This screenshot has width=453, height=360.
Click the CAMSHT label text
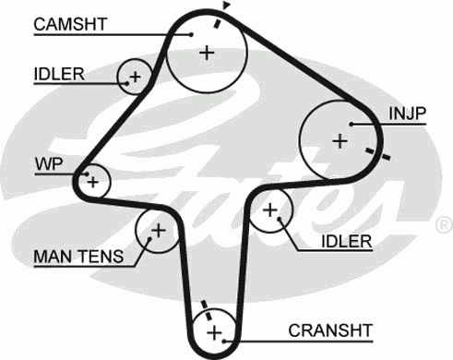(69, 23)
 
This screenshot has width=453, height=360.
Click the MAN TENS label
(76, 254)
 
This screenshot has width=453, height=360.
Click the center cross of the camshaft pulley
(207, 53)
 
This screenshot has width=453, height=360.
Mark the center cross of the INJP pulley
(340, 140)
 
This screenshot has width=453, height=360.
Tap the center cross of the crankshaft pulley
(215, 331)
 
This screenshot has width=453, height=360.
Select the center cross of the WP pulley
(92, 182)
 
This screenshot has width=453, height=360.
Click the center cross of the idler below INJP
(270, 210)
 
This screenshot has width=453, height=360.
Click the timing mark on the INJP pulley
(371, 151)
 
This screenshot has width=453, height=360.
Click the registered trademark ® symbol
(443, 225)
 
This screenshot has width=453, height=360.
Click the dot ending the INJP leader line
(352, 122)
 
